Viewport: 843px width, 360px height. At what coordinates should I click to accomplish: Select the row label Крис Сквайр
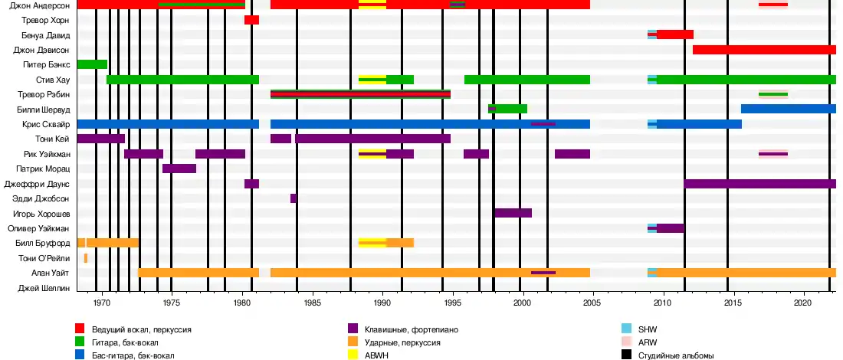tap(48, 124)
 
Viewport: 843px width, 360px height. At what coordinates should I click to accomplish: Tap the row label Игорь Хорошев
tap(43, 213)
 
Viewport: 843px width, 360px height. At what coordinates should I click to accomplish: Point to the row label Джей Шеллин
tap(44, 288)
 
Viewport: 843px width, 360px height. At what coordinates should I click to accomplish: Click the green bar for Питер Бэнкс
tap(92, 64)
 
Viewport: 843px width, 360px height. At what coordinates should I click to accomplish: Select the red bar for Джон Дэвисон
tap(764, 50)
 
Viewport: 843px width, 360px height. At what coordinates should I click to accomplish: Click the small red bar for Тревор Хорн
tap(251, 20)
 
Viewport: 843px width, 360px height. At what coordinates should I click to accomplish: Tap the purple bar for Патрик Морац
tap(179, 169)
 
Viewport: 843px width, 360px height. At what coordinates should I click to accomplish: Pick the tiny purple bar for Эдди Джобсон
tap(294, 198)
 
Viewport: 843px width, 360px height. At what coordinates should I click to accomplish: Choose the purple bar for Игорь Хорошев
tap(513, 213)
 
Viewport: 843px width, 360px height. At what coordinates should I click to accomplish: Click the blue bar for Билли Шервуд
tap(788, 109)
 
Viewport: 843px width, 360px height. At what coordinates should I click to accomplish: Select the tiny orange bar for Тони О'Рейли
tap(86, 258)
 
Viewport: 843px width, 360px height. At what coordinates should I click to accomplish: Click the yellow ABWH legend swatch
tap(353, 355)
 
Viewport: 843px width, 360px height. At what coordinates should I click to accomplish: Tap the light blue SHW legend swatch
tap(625, 329)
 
